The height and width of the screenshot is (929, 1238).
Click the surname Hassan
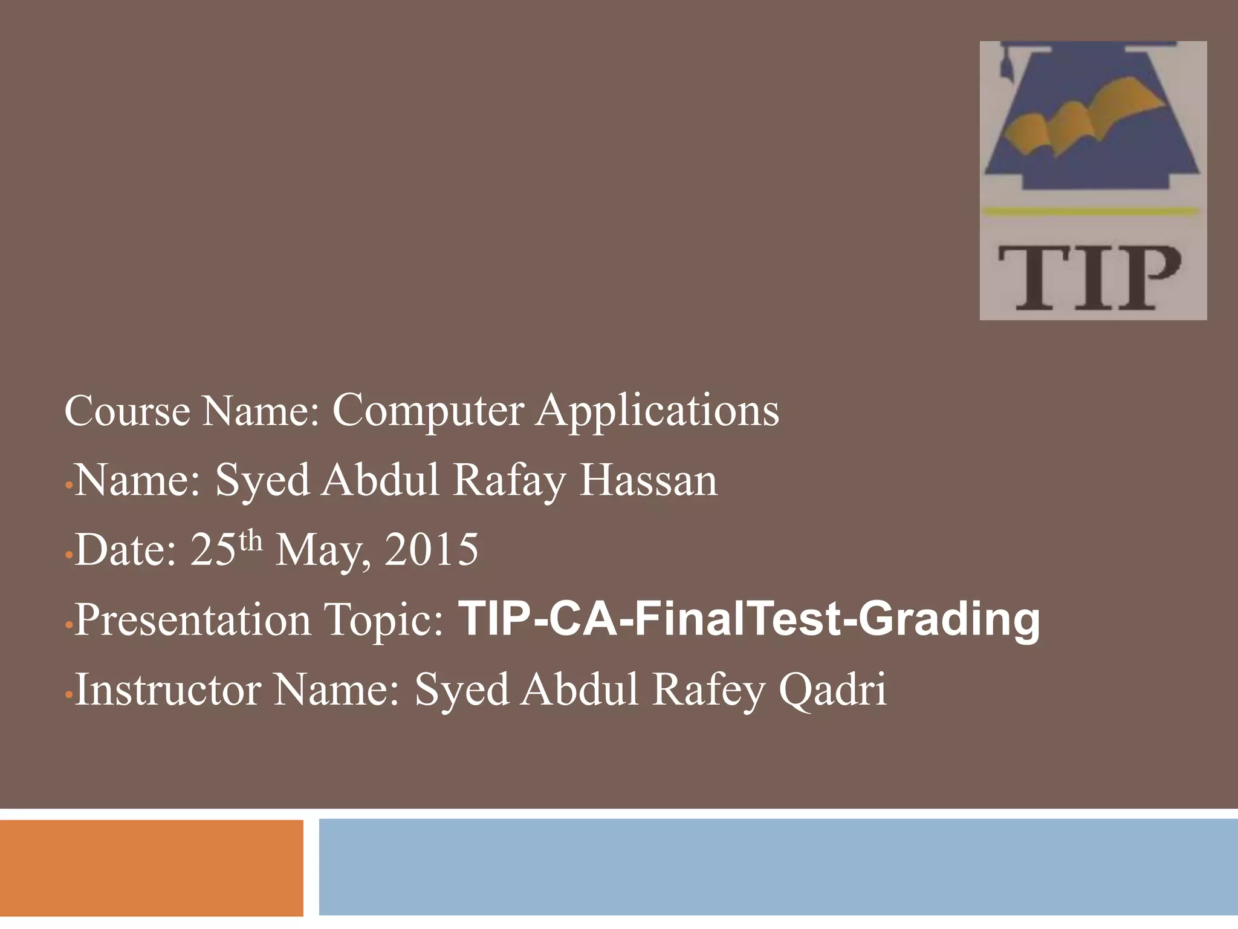click(648, 480)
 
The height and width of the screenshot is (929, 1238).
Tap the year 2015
click(431, 550)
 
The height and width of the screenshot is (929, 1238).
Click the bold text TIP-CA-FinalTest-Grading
click(750, 619)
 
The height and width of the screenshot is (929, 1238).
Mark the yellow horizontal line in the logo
click(1090, 211)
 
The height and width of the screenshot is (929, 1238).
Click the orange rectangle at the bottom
click(151, 867)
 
